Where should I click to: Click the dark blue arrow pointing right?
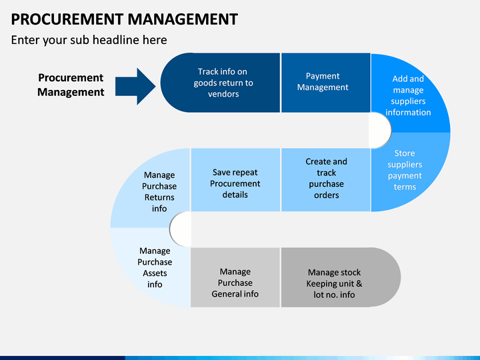tap(135, 86)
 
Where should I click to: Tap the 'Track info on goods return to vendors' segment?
tap(220, 83)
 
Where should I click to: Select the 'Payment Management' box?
tap(326, 83)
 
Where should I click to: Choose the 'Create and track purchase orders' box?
tap(326, 180)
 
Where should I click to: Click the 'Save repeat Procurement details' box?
tap(235, 180)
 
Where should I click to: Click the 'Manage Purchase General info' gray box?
tap(235, 277)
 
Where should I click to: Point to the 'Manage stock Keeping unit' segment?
tap(341, 277)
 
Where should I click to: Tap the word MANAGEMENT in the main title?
tap(183, 19)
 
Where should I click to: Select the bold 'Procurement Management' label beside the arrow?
tap(71, 85)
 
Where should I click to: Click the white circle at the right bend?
tap(380, 130)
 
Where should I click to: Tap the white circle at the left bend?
tap(181, 229)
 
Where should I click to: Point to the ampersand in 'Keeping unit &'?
tap(359, 283)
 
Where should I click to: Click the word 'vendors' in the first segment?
tap(223, 94)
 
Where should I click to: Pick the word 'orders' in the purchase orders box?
tap(326, 195)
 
